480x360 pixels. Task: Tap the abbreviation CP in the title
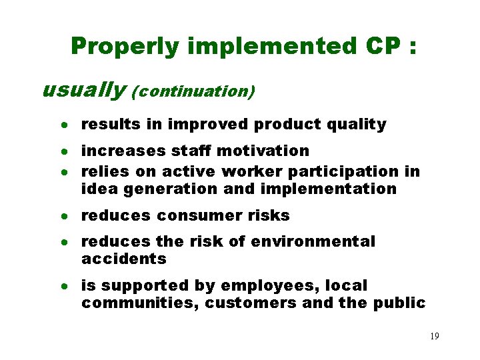click(382, 46)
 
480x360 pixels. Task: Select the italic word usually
click(83, 89)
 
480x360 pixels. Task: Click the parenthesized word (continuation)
click(193, 91)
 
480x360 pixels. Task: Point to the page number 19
click(434, 337)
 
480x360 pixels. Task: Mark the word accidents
click(123, 259)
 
